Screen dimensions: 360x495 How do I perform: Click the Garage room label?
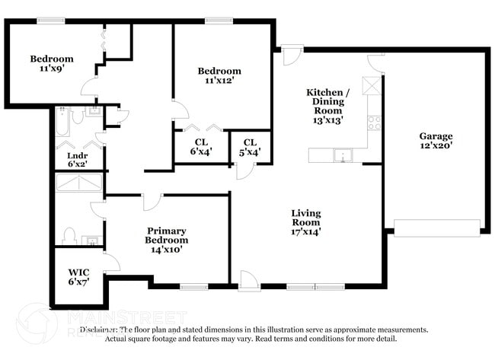(436, 136)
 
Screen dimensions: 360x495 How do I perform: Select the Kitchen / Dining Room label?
(325, 101)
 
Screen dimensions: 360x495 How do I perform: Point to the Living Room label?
(305, 218)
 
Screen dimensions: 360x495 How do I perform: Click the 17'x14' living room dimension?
(305, 232)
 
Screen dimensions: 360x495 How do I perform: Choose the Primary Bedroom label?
(167, 235)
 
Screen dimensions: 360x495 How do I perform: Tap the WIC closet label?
(78, 272)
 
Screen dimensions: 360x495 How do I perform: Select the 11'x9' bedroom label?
(52, 68)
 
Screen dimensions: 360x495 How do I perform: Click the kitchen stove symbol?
(374, 120)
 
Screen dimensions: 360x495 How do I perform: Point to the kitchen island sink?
(343, 156)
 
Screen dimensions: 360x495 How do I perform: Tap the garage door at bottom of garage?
(436, 227)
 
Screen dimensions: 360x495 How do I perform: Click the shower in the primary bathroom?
(78, 182)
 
